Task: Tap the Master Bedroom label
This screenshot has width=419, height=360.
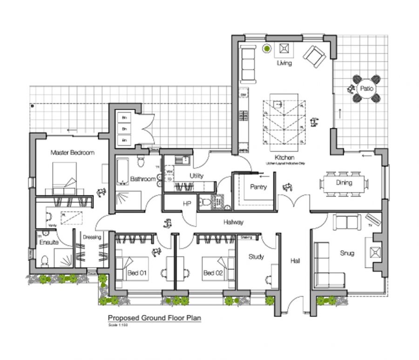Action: [x=72, y=152]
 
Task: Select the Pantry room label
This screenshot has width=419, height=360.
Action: [x=258, y=187]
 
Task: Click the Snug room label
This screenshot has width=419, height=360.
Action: [x=347, y=253]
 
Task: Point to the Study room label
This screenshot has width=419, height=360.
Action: [x=256, y=257]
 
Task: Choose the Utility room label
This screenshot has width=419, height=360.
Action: [x=196, y=176]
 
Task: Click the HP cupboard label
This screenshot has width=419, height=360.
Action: [x=187, y=204]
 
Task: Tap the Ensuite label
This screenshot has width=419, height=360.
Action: [x=48, y=243]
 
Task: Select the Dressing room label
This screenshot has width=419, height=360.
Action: [x=92, y=238]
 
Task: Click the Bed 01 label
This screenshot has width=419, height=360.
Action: [x=137, y=273]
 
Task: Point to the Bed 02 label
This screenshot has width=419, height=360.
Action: [x=213, y=273]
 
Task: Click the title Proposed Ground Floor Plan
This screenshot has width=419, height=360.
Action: [x=155, y=318]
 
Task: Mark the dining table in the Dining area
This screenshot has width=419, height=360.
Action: [x=344, y=183]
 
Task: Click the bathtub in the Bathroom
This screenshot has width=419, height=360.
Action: [x=123, y=171]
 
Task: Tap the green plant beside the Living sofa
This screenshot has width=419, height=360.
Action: [x=267, y=48]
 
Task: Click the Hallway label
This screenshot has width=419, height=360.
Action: [x=233, y=222]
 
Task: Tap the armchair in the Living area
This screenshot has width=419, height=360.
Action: [x=314, y=56]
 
